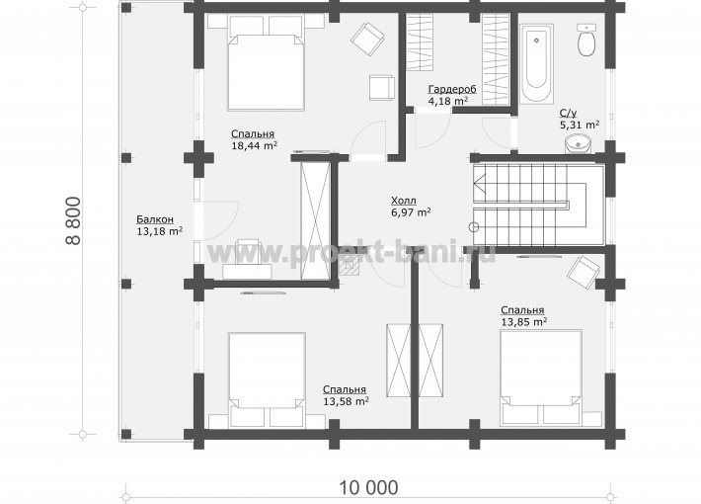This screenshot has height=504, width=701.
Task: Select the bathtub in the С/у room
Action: point(536,63)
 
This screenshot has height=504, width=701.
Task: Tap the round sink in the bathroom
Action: point(578,144)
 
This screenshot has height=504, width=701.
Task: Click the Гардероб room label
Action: point(452,89)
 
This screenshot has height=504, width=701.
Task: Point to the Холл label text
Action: point(403,200)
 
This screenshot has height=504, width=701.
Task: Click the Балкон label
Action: point(155,219)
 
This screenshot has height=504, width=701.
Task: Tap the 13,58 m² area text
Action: point(346,401)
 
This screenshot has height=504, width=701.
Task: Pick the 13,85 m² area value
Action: point(524,321)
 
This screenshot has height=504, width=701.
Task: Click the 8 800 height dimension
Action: point(74,220)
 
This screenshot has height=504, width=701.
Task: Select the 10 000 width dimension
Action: point(368,487)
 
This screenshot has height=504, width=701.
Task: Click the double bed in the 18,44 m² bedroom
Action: point(267,62)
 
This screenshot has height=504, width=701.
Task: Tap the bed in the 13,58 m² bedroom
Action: point(267,379)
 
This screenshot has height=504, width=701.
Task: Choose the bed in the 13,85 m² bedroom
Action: point(540,377)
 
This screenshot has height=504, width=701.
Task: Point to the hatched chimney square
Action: point(350,266)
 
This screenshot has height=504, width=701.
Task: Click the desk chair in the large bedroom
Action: point(248,252)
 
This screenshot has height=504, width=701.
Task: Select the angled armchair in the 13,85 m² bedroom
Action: point(584,272)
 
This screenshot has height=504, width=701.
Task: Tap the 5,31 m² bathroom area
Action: point(580,125)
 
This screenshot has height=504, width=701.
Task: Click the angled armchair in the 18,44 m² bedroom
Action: point(367,39)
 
